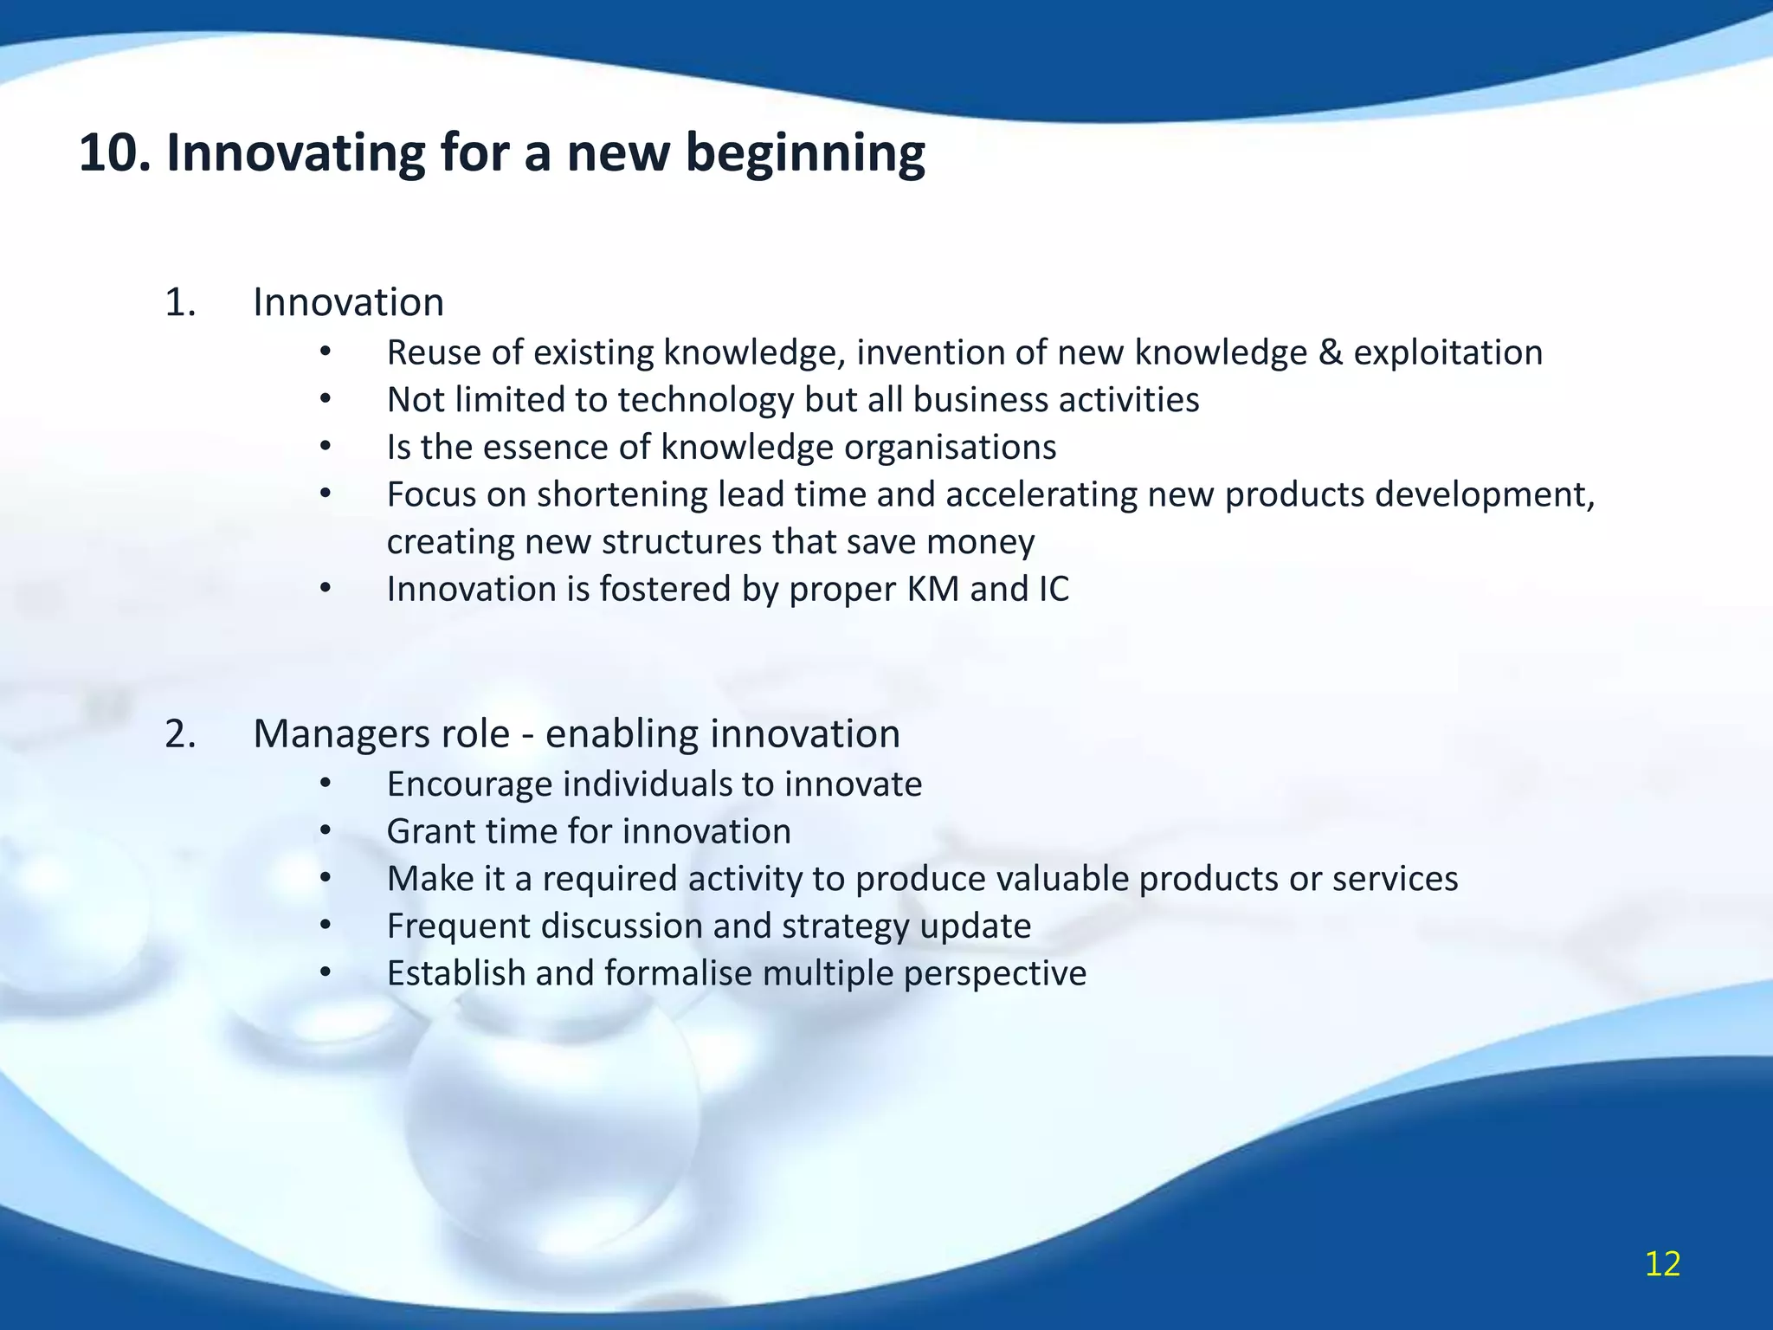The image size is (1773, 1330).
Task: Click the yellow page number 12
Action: (x=1662, y=1264)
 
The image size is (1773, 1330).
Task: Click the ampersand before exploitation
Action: (x=1330, y=353)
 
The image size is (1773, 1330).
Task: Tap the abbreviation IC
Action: (x=1053, y=590)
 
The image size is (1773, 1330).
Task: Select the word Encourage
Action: (x=469, y=784)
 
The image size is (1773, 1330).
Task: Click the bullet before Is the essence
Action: (x=326, y=448)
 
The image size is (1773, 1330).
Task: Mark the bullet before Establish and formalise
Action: (x=326, y=973)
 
